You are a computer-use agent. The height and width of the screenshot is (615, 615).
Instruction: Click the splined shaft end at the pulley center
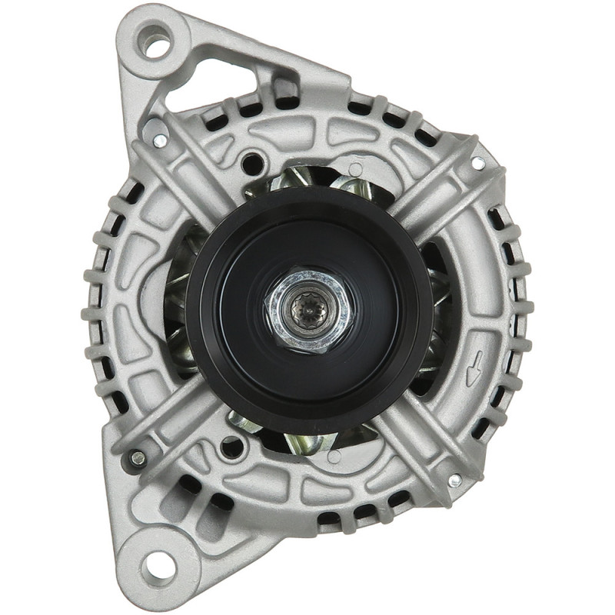pos(310,310)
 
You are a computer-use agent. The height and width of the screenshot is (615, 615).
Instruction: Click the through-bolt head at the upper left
pos(160,140)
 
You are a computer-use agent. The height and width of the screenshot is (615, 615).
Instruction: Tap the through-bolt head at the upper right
pos(478,162)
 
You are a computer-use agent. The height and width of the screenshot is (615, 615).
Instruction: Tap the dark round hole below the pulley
pos(230,446)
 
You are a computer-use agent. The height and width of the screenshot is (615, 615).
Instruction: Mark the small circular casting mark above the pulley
pos(355,168)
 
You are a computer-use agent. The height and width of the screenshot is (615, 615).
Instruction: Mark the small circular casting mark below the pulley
pos(333,457)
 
